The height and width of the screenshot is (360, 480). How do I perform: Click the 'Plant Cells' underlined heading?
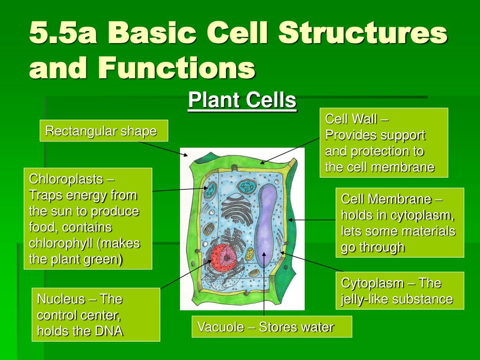coord(242,100)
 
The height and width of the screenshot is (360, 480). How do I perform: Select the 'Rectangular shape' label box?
coord(104,131)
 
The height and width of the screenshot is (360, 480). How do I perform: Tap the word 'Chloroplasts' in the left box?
coord(66,179)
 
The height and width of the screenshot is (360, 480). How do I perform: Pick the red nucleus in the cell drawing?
coord(223,257)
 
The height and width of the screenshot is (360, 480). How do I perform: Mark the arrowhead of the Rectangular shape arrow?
coord(186,154)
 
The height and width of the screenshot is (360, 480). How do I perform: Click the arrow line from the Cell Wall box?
coord(291,150)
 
